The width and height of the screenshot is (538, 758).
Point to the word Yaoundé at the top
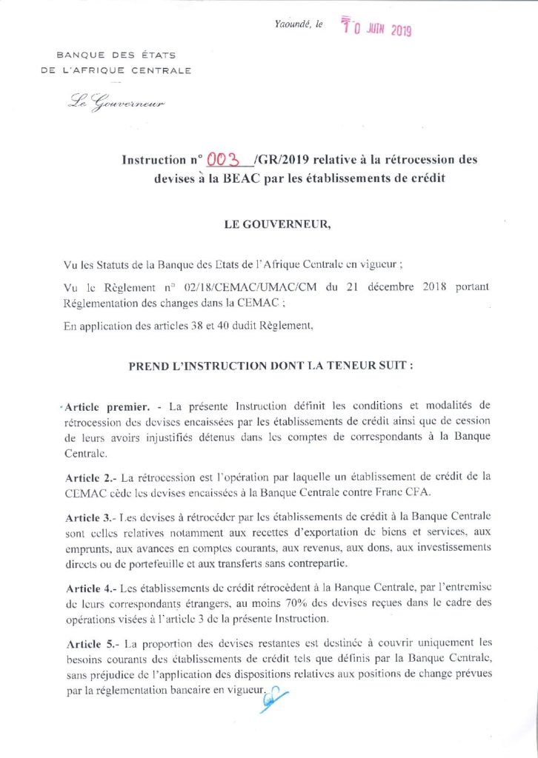[291, 25]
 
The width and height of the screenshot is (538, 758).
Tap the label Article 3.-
[90, 514]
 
